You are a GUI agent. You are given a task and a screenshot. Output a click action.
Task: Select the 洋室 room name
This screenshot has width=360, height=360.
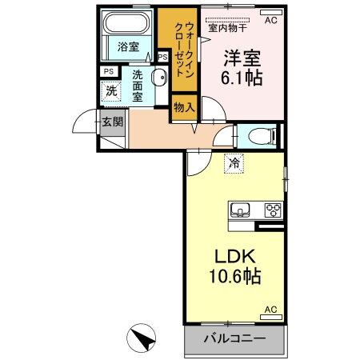tap(240, 59)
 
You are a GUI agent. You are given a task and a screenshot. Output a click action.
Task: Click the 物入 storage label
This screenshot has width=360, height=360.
tap(183, 106)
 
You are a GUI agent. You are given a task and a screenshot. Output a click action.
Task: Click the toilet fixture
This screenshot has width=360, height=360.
tap(259, 135)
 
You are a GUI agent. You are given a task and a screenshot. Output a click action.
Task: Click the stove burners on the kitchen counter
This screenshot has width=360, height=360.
tap(273, 210)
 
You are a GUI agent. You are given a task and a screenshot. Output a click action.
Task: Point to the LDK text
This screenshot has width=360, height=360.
tap(232, 256)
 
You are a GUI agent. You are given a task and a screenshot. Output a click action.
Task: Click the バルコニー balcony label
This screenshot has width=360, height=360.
tap(234, 338)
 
